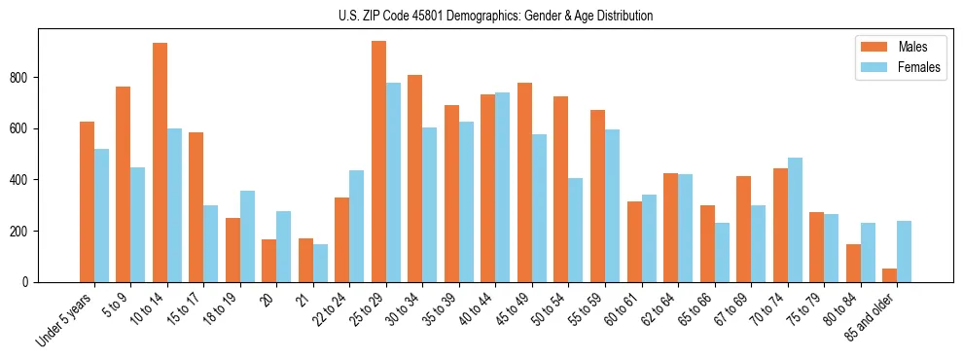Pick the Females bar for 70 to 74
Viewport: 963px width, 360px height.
pyautogui.click(x=795, y=220)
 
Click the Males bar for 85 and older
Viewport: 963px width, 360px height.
pyautogui.click(x=889, y=275)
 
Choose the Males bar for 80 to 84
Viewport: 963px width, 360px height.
pyautogui.click(x=853, y=263)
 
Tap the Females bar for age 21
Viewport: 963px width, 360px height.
pyautogui.click(x=320, y=263)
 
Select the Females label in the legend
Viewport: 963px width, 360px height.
pyautogui.click(x=919, y=68)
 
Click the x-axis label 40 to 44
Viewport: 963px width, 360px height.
pyautogui.click(x=469, y=309)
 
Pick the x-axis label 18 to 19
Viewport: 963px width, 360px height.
pyautogui.click(x=214, y=309)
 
